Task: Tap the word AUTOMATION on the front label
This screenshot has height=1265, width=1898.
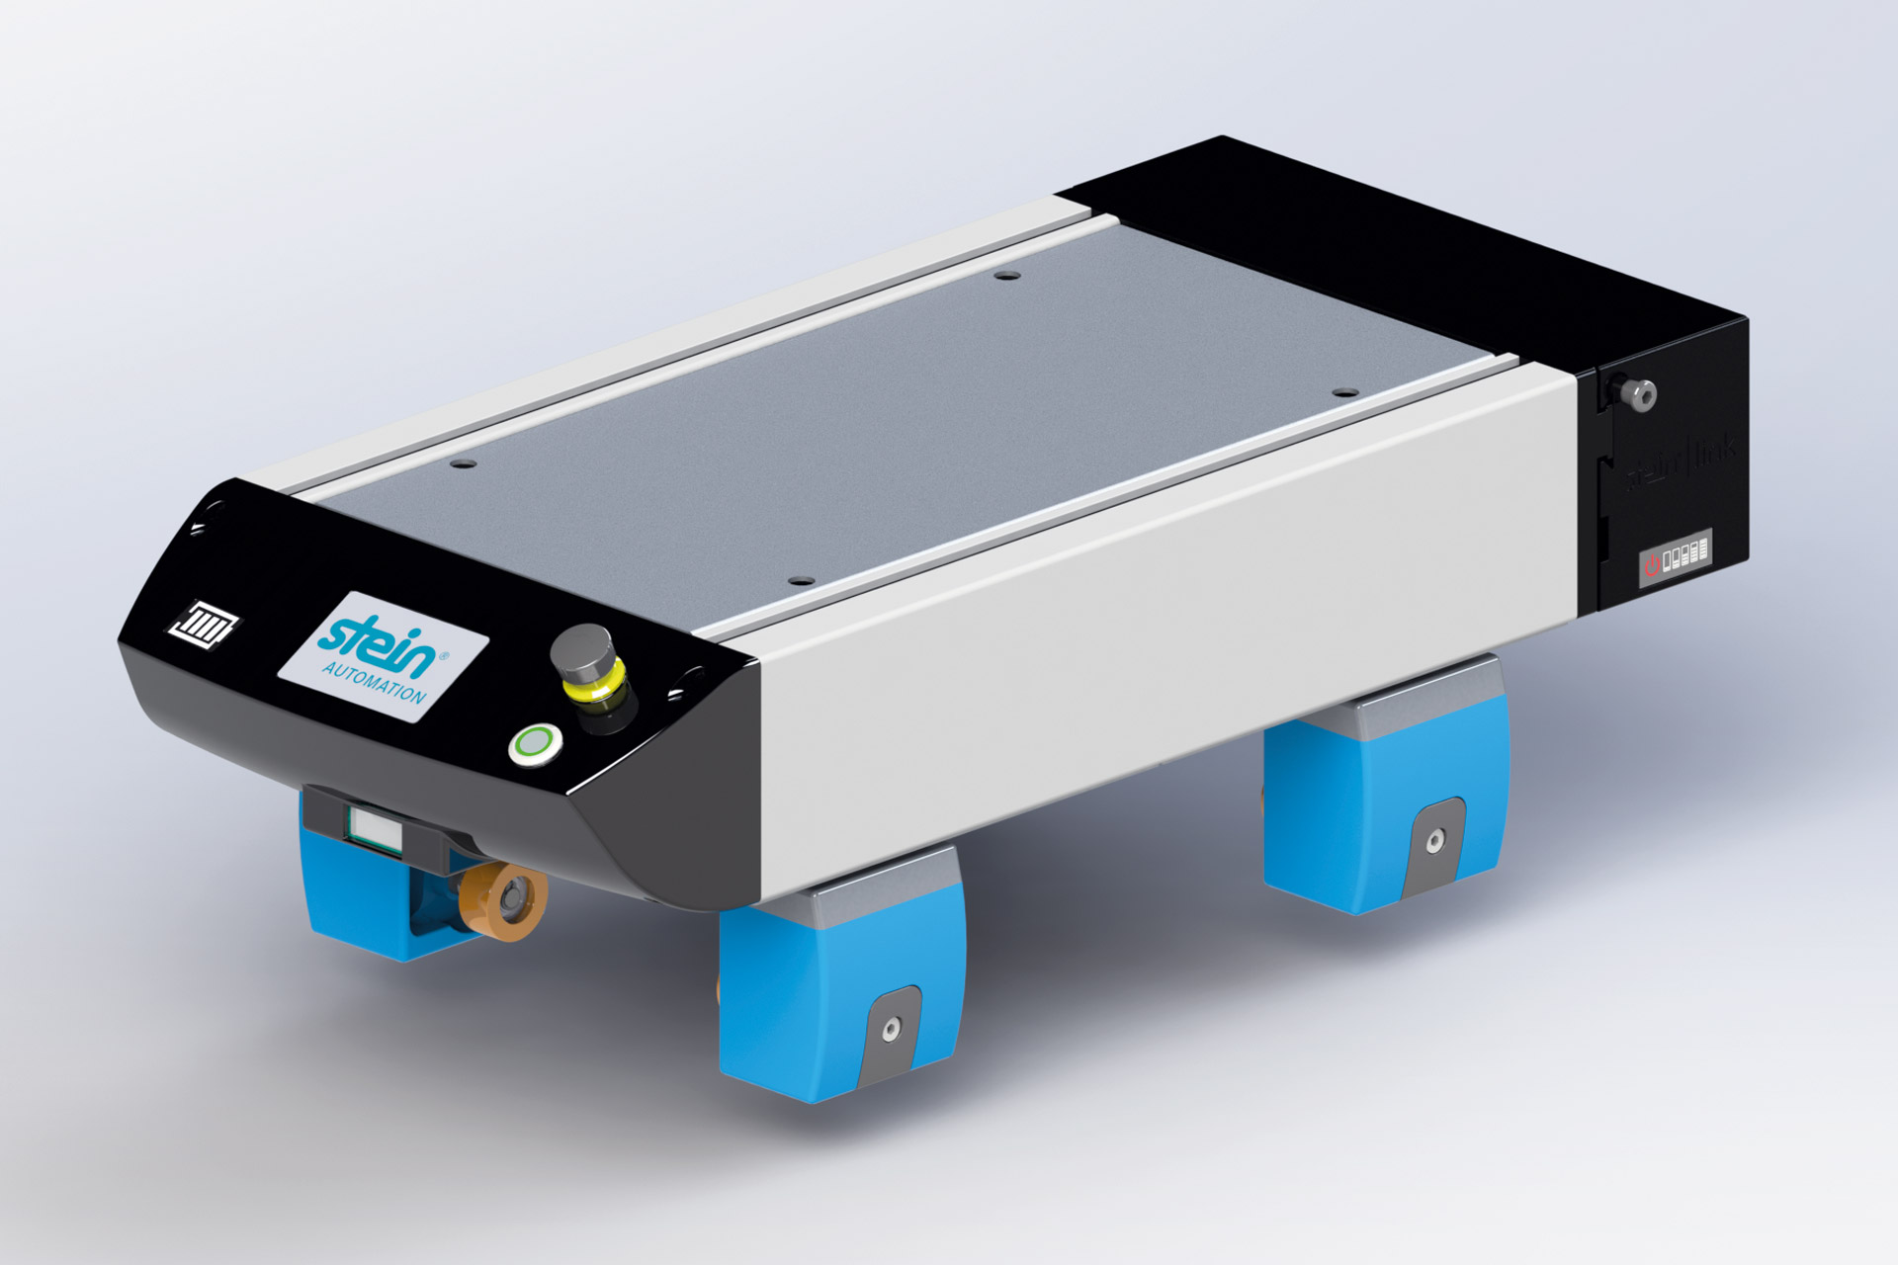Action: pos(374,679)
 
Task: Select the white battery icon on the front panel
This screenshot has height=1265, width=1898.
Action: pos(208,624)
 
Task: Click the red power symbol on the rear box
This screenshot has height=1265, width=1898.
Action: pos(1652,564)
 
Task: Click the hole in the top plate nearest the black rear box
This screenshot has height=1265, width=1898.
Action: pos(1340,392)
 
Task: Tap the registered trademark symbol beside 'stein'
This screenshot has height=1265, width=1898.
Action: pos(442,655)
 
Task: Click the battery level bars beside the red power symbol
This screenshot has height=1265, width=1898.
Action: pos(1686,554)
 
